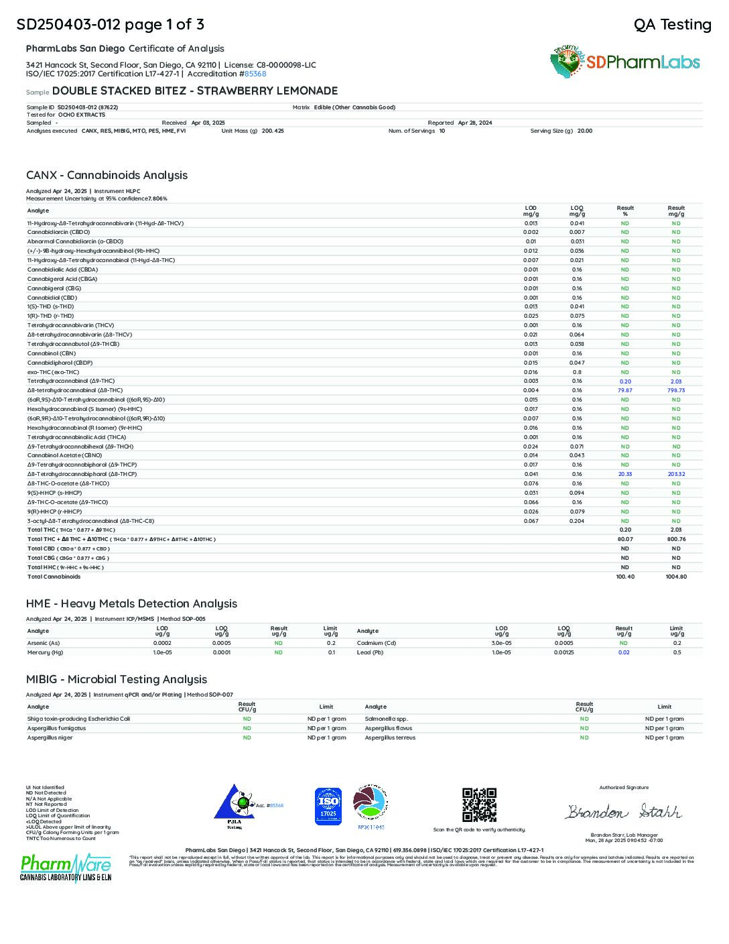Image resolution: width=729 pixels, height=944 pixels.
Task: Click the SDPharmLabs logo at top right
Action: (x=625, y=62)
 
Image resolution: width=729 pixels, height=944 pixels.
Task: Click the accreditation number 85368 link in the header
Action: (x=255, y=74)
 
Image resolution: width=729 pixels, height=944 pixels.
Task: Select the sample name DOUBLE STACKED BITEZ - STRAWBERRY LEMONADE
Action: (x=194, y=91)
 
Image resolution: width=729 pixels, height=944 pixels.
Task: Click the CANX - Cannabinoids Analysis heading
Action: (x=107, y=175)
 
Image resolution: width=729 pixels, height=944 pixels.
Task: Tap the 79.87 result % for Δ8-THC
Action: (x=624, y=390)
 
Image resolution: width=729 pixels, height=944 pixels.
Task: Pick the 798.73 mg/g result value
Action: (x=675, y=390)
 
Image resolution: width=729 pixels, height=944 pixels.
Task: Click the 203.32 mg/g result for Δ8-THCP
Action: (x=675, y=474)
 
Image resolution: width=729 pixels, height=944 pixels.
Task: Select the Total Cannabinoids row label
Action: (x=54, y=577)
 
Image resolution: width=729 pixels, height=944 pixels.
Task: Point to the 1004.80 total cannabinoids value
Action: (x=675, y=577)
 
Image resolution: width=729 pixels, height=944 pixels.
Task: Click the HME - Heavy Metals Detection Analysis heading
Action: (x=131, y=603)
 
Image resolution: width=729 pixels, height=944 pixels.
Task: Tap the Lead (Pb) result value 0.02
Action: (x=624, y=652)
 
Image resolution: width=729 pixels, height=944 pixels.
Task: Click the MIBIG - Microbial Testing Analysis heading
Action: (x=117, y=679)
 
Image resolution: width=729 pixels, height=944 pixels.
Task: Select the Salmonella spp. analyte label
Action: (x=387, y=719)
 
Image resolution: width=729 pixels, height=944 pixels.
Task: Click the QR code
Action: (x=479, y=805)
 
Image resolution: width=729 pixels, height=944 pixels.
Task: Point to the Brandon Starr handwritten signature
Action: (x=623, y=812)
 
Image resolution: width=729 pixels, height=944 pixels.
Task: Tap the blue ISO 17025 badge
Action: (x=328, y=806)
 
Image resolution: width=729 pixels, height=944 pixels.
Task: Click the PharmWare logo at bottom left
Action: (x=65, y=868)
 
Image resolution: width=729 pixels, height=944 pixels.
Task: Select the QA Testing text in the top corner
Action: (x=672, y=25)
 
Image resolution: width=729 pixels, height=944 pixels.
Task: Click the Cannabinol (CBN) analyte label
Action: (x=52, y=353)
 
